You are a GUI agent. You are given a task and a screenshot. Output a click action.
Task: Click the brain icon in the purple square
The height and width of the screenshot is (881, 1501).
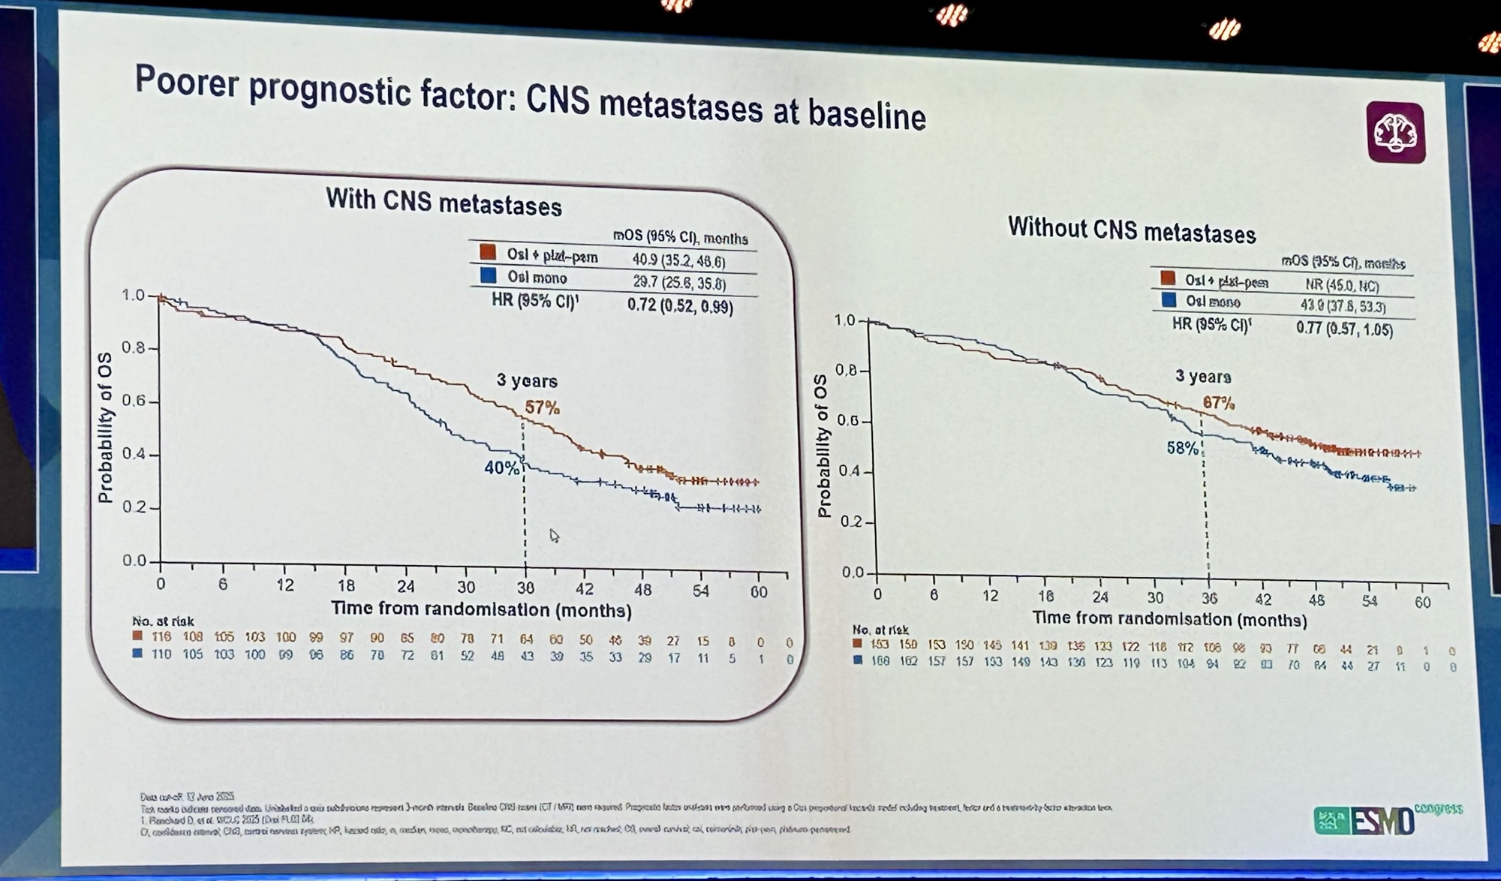[x=1395, y=133]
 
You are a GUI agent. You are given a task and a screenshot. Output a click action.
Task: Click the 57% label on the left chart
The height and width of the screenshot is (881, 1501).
[x=542, y=407]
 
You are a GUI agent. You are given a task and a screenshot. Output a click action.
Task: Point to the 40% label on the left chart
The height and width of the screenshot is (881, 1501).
[x=501, y=468]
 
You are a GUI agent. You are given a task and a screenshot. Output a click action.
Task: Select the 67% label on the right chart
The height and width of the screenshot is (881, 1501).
[x=1219, y=403]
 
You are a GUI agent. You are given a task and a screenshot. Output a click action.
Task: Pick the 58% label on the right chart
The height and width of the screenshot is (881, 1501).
[x=1182, y=448]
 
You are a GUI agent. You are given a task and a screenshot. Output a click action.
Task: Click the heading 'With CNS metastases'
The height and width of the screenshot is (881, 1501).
[x=444, y=203]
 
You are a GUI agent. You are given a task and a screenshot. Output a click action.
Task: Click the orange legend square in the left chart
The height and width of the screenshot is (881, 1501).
[x=488, y=252]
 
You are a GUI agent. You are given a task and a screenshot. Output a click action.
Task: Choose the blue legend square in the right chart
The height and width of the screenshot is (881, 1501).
[x=1168, y=301]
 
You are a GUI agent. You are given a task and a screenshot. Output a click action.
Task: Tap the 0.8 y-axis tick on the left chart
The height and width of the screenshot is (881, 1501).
[x=135, y=348]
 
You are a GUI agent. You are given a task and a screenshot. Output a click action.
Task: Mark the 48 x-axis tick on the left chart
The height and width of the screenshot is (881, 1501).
[x=642, y=590]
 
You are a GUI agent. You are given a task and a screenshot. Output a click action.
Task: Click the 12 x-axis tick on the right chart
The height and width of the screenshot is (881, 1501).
[x=991, y=596]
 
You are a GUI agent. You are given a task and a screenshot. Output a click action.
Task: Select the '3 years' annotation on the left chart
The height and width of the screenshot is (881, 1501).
[x=527, y=380]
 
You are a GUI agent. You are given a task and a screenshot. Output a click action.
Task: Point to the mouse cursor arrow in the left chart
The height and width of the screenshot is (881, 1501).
[x=554, y=535]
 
